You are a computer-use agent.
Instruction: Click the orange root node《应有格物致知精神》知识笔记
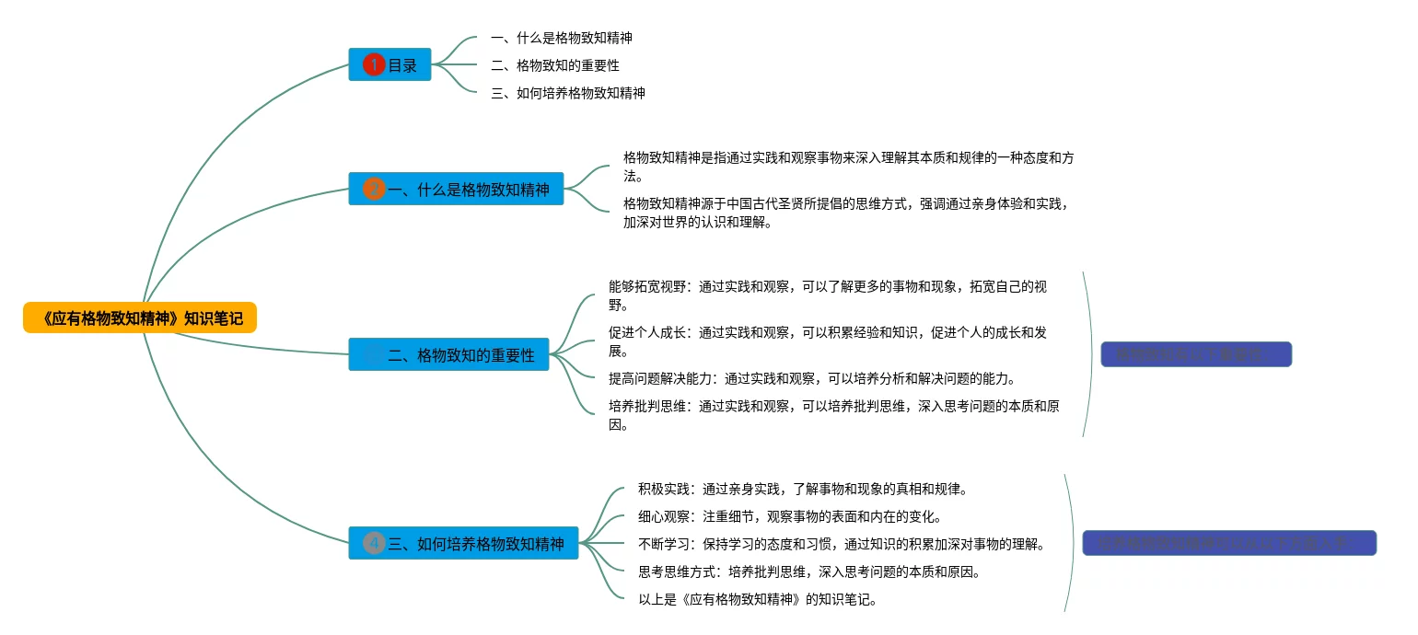tap(140, 318)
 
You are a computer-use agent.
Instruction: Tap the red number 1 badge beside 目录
tap(373, 64)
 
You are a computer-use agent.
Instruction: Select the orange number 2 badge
tap(373, 189)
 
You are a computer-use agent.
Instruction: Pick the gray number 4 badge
tap(373, 543)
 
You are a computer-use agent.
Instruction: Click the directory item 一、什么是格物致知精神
tap(562, 39)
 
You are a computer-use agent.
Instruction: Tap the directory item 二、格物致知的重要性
tap(555, 65)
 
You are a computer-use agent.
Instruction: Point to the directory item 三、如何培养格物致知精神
tap(568, 93)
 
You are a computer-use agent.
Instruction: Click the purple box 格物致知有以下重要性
tap(1196, 354)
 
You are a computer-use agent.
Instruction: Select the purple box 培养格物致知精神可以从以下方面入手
tap(1229, 543)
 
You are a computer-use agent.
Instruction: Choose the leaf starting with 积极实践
tap(801, 489)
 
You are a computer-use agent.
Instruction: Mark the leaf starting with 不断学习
tap(841, 544)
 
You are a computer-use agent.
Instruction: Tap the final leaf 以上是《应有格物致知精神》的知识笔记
tap(759, 600)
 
